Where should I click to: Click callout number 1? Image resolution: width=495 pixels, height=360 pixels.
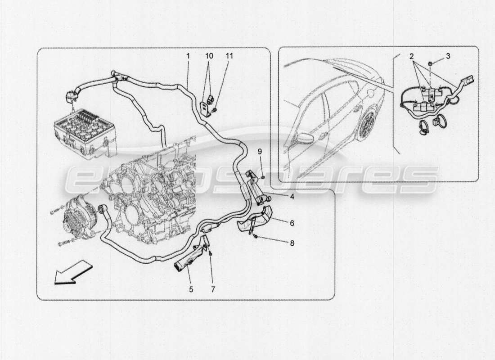point(188,56)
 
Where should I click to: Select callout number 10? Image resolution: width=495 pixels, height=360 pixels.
point(209,56)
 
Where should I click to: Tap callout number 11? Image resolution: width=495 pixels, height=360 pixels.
point(229,56)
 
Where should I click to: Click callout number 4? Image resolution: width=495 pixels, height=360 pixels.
point(292,197)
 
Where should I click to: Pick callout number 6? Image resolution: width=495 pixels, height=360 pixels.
point(292,222)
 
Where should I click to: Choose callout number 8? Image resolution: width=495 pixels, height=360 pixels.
point(292,243)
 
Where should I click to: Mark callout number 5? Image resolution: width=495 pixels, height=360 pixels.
point(191,289)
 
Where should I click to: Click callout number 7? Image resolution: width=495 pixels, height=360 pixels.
point(213,289)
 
